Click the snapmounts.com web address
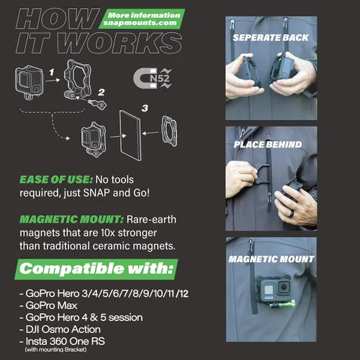pyautogui.click(x=140, y=23)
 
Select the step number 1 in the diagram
pyautogui.click(x=52, y=72)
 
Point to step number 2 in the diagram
pyautogui.click(x=102, y=92)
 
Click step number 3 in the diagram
pyautogui.click(x=145, y=108)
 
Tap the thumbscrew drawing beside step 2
pyautogui.click(x=97, y=104)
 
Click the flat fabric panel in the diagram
pyautogui.click(x=130, y=135)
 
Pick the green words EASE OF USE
pyautogui.click(x=56, y=179)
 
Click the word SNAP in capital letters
pyautogui.click(x=96, y=193)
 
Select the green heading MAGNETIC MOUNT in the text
pyautogui.click(x=71, y=220)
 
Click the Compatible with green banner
pyautogui.click(x=96, y=269)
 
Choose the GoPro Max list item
pyautogui.click(x=48, y=305)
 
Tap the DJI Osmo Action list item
pyautogui.click(x=60, y=329)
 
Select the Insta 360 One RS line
pyautogui.click(x=63, y=341)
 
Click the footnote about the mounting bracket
pyautogui.click(x=55, y=349)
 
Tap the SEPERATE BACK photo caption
pyautogui.click(x=271, y=37)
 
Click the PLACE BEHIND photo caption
pyautogui.click(x=268, y=144)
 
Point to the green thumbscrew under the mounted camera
pyautogui.click(x=282, y=305)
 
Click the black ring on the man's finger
pyautogui.click(x=292, y=212)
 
